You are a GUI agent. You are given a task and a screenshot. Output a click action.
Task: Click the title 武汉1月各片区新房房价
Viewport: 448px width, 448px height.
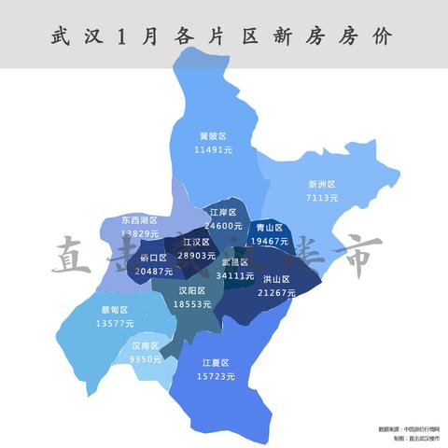[223, 36]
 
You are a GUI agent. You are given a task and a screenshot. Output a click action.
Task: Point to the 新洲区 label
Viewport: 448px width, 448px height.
[321, 185]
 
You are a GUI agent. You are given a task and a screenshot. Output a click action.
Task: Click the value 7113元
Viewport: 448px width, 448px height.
[321, 198]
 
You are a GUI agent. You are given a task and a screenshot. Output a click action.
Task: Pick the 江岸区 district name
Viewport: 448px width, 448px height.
[223, 213]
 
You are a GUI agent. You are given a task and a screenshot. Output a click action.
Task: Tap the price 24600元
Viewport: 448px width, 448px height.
[223, 226]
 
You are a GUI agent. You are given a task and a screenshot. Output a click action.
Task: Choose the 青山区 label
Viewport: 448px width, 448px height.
[269, 227]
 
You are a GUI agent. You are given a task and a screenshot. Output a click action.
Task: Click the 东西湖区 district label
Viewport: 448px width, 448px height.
[139, 220]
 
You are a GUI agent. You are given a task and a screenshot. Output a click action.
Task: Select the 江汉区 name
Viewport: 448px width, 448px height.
[196, 242]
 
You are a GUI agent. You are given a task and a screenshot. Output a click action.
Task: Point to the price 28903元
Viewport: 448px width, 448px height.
[196, 255]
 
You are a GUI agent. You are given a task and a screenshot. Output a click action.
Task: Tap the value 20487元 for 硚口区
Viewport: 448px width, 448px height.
[154, 271]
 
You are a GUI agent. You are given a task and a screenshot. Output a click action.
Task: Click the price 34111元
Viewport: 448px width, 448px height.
[234, 275]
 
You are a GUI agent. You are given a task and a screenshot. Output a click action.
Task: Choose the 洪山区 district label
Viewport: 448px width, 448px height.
[276, 279]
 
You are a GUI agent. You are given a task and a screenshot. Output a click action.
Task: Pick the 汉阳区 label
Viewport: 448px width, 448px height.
[192, 291]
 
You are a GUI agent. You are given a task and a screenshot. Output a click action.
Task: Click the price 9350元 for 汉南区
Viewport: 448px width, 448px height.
[147, 359]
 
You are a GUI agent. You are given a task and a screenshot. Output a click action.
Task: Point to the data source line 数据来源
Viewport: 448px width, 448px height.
[410, 428]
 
